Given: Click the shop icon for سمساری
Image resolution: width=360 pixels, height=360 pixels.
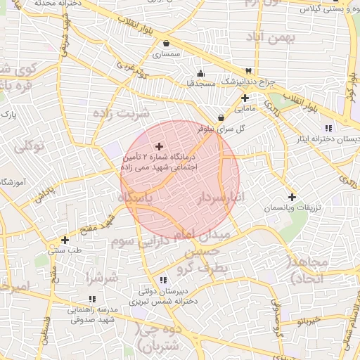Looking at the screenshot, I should point(165,44).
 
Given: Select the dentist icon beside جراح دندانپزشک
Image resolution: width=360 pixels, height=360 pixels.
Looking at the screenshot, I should point(247,71).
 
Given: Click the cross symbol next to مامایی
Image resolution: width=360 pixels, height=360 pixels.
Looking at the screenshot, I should point(244,98).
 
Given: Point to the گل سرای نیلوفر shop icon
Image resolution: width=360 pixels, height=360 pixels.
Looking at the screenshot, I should point(221,117).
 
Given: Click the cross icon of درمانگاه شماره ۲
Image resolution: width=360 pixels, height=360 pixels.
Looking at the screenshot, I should point(159,146).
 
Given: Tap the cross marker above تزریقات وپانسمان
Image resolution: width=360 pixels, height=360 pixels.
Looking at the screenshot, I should point(292,197).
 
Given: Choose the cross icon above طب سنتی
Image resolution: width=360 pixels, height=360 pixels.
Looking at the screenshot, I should point(65,239).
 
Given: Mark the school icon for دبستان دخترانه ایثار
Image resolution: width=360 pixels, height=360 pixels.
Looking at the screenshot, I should point(328,127).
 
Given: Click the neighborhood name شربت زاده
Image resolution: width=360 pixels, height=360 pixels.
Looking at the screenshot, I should point(122,113).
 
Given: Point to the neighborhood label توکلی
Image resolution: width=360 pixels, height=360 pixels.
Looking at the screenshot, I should point(29,146).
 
